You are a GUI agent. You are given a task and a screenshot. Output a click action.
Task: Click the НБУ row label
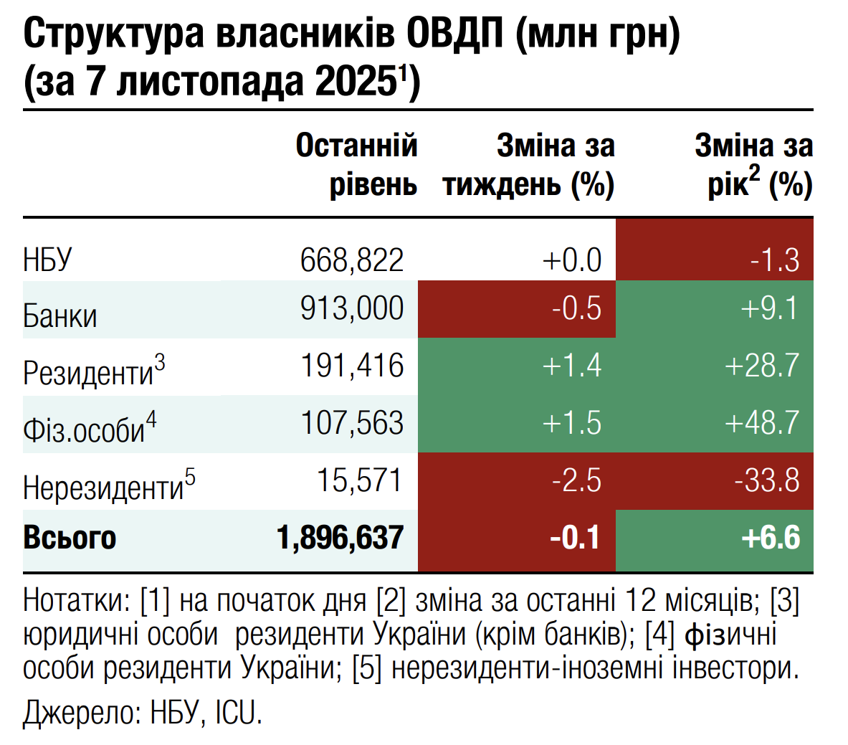coord(47,260)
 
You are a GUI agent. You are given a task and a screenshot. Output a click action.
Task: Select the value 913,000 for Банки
coord(352,309)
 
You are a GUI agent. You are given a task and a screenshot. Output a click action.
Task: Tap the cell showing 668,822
coord(352,260)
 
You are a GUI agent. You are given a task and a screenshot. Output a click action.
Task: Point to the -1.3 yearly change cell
coord(774,260)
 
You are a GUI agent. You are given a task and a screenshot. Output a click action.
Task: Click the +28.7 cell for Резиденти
coord(761,366)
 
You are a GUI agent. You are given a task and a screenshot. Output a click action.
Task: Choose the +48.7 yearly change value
coord(761,423)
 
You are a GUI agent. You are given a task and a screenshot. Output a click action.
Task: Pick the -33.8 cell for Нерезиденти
coord(766,480)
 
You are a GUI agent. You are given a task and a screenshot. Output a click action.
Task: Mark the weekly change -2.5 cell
coord(576,480)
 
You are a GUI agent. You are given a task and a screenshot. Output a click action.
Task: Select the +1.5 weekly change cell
coord(571,423)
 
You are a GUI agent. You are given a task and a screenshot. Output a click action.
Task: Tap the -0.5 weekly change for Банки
coord(576,309)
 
